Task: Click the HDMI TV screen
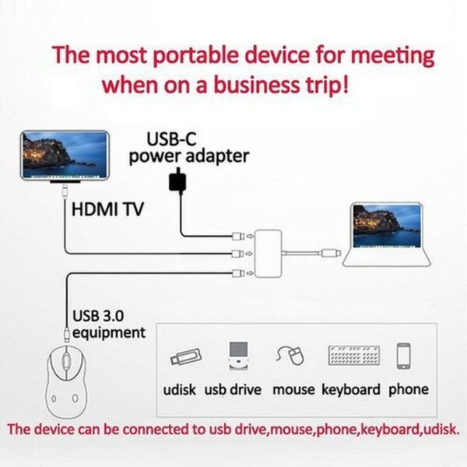tap(65, 155)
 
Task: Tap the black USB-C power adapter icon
tap(177, 181)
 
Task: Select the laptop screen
tap(387, 226)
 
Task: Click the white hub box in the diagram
tap(268, 254)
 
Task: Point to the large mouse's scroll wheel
tap(65, 360)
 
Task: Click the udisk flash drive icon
tap(185, 356)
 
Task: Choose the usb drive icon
tap(239, 356)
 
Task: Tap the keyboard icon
tap(354, 356)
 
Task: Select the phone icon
tap(403, 356)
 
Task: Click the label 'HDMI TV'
tap(107, 209)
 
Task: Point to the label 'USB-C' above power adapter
tap(171, 139)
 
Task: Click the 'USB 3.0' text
tap(98, 316)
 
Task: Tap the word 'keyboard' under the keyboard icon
tap(351, 390)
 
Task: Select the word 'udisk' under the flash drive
tap(179, 390)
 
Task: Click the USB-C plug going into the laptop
tap(332, 254)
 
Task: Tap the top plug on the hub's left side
tap(238, 237)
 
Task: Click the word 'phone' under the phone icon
tap(409, 390)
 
